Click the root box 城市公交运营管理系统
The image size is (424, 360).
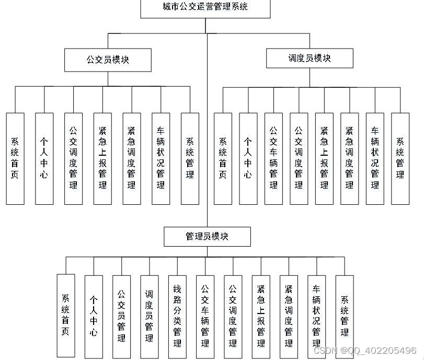[205, 8]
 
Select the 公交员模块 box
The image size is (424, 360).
[108, 60]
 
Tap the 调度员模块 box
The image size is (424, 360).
[310, 58]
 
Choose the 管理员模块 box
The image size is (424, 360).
[207, 236]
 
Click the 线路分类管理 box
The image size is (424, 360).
[177, 316]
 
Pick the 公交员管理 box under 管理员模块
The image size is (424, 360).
[121, 316]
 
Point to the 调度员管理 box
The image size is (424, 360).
[149, 316]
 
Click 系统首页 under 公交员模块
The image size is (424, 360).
[15, 158]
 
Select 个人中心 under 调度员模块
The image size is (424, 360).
[248, 158]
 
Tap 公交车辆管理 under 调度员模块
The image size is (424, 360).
[273, 158]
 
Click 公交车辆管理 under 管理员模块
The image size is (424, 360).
[205, 316]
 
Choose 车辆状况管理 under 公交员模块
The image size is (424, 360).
[161, 158]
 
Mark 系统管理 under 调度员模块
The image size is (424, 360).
[400, 158]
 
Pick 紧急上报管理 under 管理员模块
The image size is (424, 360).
[261, 316]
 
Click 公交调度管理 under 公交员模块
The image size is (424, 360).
[73, 158]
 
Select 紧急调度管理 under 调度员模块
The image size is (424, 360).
[349, 158]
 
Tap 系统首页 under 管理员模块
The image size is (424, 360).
[65, 316]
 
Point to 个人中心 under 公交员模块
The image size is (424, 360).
[44, 158]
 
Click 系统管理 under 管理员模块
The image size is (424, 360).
[345, 316]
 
